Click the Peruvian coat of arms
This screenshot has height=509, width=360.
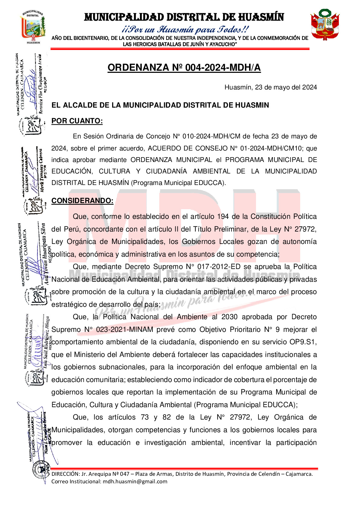click(325, 24)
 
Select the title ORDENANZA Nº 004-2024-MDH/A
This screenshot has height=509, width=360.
click(184, 68)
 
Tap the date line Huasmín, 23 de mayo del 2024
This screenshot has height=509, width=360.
click(271, 87)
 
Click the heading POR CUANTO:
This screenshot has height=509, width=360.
click(77, 121)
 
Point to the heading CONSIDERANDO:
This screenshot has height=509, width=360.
click(82, 201)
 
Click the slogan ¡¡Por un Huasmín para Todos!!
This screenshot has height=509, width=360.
click(185, 30)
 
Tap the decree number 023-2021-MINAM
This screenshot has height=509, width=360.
click(125, 329)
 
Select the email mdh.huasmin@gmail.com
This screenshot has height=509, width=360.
click(135, 481)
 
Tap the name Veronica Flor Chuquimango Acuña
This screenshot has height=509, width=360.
click(41, 85)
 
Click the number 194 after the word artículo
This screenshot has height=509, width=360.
click(223, 216)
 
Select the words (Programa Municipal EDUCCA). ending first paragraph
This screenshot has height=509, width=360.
click(178, 183)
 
